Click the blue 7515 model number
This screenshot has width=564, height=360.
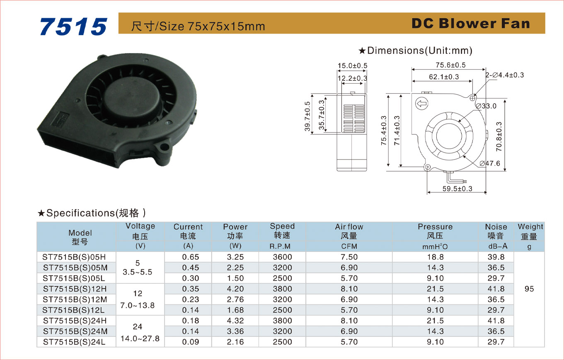pyautogui.click(x=73, y=27)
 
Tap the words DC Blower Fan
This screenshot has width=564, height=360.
pyautogui.click(x=471, y=24)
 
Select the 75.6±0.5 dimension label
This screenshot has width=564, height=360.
pyautogui.click(x=451, y=65)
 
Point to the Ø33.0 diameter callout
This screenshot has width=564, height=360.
pyautogui.click(x=486, y=106)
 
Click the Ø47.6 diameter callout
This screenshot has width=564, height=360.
pyautogui.click(x=490, y=163)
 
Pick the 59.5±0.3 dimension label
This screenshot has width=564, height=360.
pyautogui.click(x=457, y=188)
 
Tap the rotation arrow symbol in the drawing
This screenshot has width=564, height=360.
pyautogui.click(x=422, y=104)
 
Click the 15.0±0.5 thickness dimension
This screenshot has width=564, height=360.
pyautogui.click(x=352, y=65)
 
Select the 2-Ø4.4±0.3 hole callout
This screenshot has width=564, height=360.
pyautogui.click(x=505, y=75)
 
